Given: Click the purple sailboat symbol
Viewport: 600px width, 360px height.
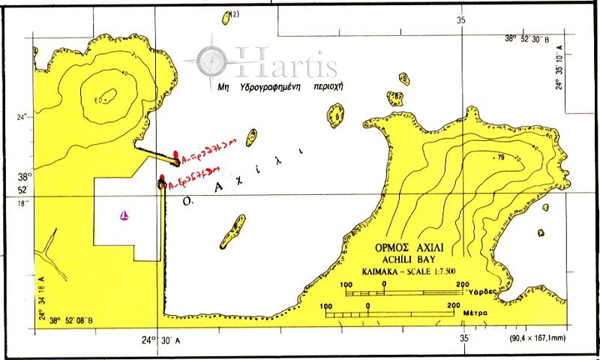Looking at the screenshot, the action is coord(126,216).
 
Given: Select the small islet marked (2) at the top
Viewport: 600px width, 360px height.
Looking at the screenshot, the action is coord(228,17).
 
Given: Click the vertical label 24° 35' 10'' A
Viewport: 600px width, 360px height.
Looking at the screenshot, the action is coord(559,67).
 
